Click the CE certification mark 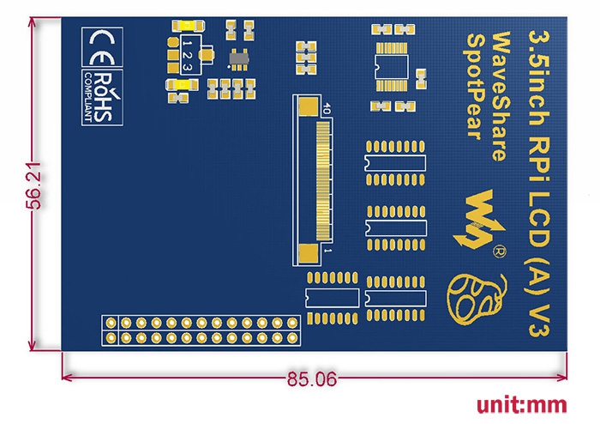click(102, 47)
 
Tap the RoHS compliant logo click(102, 97)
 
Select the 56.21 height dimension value click(33, 185)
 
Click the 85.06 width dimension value click(312, 379)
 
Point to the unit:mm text click(521, 405)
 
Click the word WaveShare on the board click(501, 96)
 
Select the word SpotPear click(475, 87)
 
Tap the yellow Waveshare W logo click(478, 220)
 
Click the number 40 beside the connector click(327, 108)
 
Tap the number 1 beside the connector click(328, 251)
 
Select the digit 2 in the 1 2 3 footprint click(187, 55)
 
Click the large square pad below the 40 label click(309, 106)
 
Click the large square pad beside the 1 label click(309, 254)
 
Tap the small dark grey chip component click(239, 59)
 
